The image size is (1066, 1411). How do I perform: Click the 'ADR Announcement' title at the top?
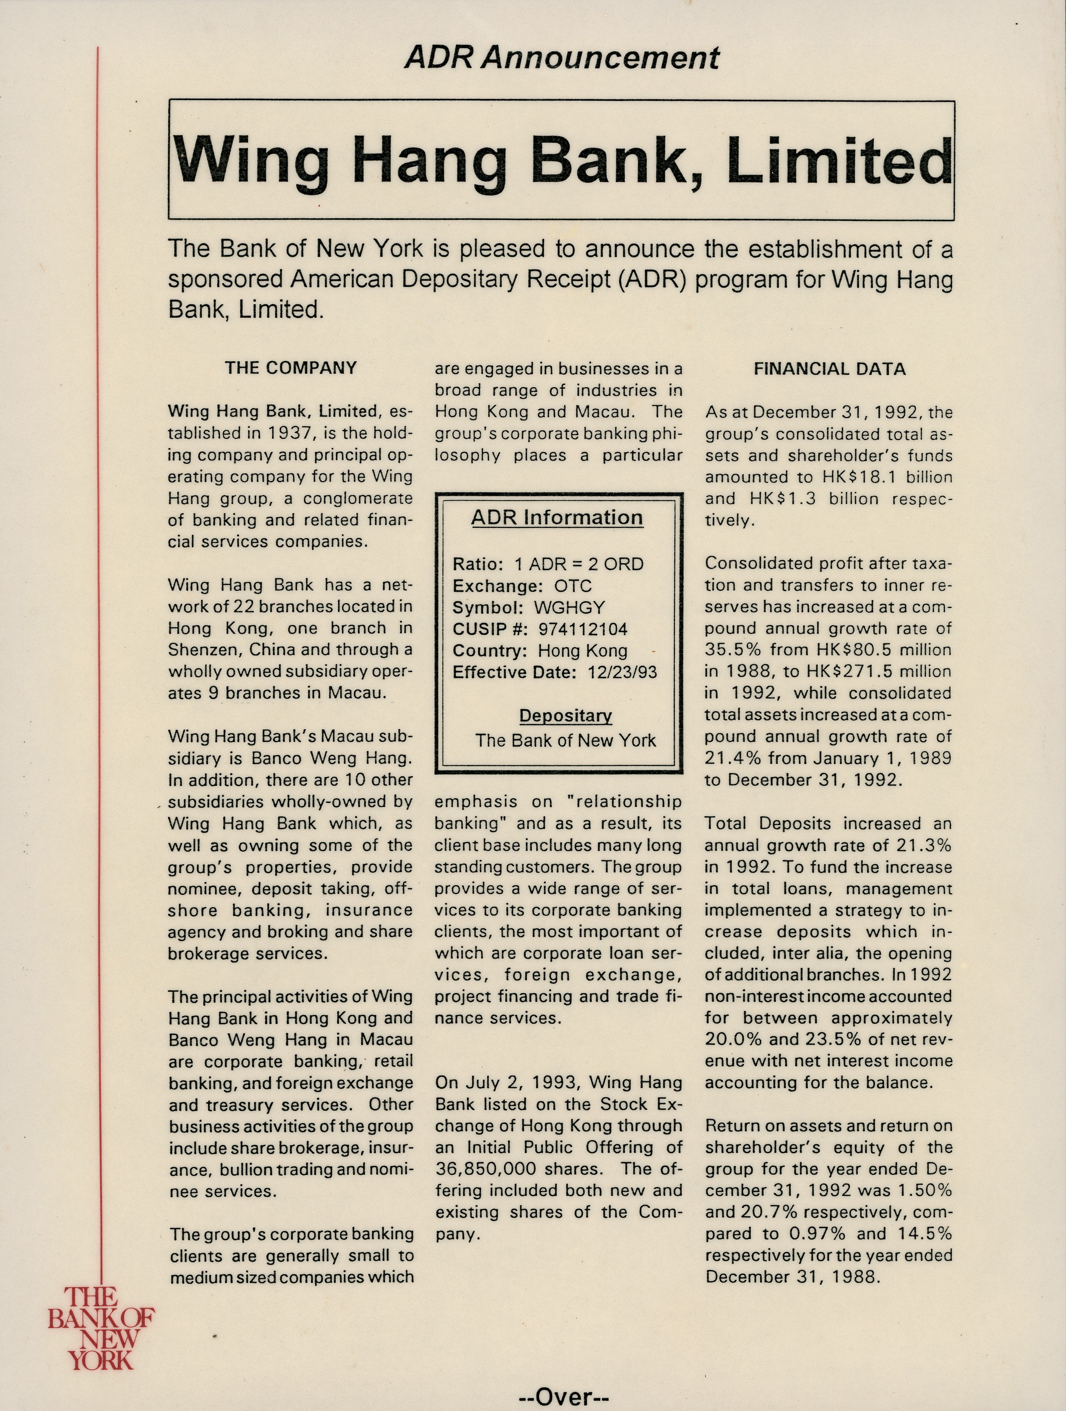(562, 58)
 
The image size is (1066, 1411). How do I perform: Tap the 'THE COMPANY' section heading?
(290, 368)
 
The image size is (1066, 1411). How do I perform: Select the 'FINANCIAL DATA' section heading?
(829, 369)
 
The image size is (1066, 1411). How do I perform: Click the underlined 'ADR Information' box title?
(557, 517)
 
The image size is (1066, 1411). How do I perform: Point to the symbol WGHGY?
(569, 608)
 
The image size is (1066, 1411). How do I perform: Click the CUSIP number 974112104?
(583, 630)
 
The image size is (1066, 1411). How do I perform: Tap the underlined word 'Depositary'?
(565, 716)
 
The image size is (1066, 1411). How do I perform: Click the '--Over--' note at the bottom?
(564, 1396)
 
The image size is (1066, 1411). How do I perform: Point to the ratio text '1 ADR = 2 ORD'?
(579, 564)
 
